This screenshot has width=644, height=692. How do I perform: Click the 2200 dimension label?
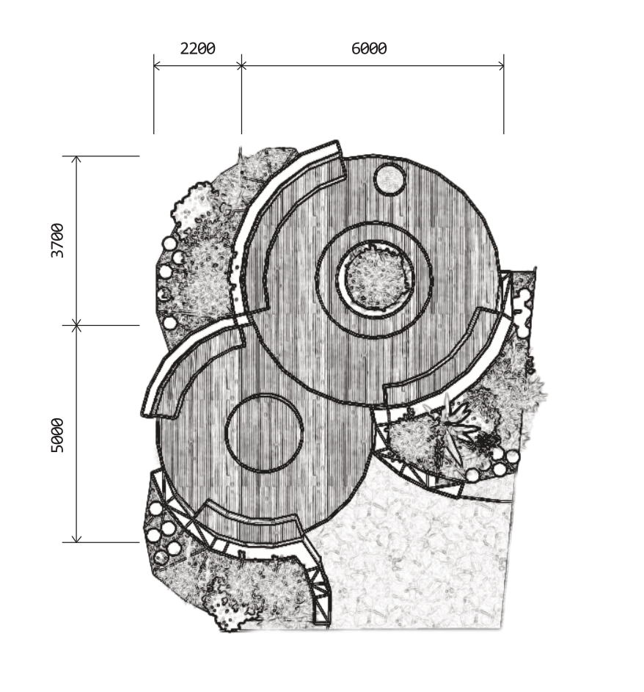(x=197, y=48)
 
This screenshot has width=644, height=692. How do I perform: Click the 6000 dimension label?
(x=369, y=48)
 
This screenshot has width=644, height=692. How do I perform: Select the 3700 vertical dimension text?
(x=57, y=241)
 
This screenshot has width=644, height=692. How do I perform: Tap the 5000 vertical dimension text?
(x=57, y=436)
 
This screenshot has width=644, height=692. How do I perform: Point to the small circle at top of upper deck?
(x=389, y=179)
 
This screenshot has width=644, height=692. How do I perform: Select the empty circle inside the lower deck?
(x=264, y=433)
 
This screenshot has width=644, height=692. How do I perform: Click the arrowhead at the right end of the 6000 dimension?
(x=501, y=66)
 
